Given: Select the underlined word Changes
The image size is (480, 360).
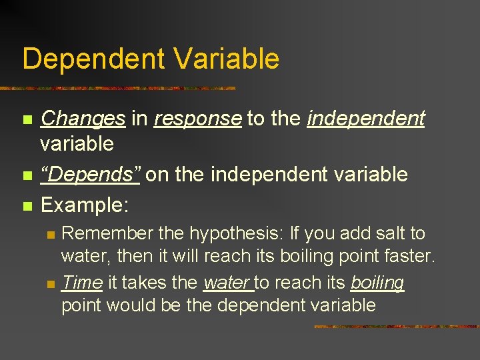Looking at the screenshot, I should [x=83, y=119].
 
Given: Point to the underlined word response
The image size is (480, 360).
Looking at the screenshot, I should [x=197, y=119].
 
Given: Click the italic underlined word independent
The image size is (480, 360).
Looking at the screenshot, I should [x=366, y=119].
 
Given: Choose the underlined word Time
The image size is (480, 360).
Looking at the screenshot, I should [x=81, y=283].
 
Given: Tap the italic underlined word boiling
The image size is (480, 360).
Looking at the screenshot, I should [x=377, y=283].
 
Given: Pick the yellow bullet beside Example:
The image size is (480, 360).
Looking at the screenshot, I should [x=27, y=205].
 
